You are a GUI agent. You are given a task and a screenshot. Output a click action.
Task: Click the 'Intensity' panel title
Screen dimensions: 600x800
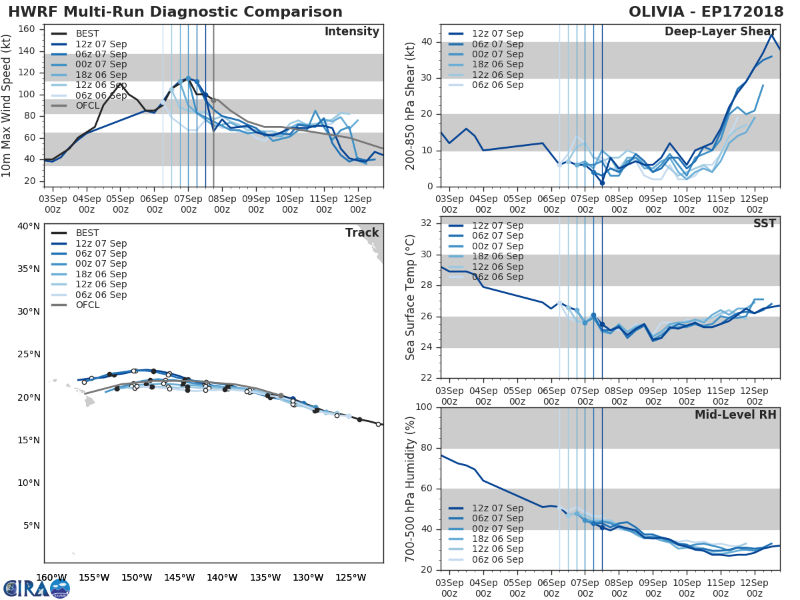351,32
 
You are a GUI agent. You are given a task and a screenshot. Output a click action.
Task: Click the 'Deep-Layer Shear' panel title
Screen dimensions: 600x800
720,32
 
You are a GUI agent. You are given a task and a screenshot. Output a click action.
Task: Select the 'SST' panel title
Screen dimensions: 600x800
764,223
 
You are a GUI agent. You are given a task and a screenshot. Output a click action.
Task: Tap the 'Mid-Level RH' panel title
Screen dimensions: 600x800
735,415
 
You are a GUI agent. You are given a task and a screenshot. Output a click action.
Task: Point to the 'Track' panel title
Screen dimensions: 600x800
362,233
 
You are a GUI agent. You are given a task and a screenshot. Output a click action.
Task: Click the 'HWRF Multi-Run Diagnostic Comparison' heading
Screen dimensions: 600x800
175,12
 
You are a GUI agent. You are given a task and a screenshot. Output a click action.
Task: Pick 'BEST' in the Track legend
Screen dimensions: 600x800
87,233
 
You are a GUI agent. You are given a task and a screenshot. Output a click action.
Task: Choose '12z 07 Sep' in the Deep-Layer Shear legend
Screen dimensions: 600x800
497,33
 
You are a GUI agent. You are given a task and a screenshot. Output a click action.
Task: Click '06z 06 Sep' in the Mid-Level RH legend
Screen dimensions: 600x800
497,559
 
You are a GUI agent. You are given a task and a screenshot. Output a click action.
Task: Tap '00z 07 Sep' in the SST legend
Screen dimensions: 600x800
497,246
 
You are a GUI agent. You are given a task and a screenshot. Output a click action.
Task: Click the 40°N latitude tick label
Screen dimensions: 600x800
28,226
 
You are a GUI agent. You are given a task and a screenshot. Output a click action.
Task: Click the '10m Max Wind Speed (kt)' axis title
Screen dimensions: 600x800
7,106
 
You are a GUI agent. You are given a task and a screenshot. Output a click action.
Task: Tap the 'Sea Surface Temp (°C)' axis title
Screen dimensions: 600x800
411,297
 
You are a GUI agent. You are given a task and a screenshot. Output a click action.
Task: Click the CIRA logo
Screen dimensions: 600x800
36,588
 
